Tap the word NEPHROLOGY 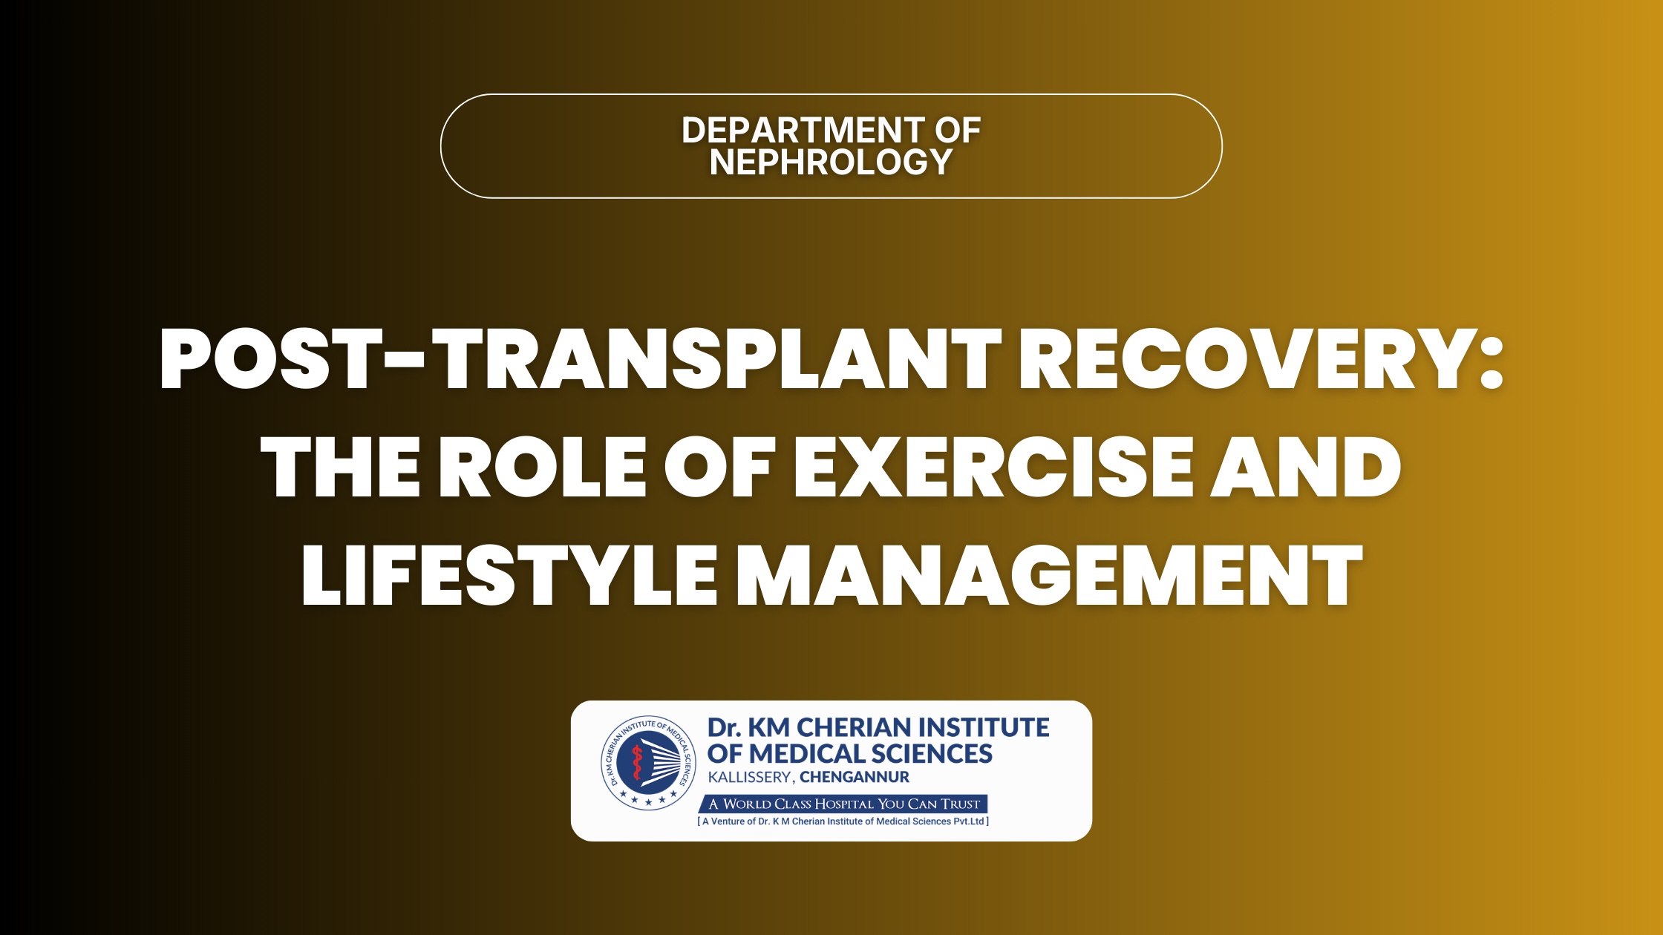[x=831, y=162]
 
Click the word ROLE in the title [x=543, y=467]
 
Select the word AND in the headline [x=1306, y=467]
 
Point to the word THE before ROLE [x=341, y=467]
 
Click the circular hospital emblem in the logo [x=649, y=763]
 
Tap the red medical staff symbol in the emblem [x=636, y=763]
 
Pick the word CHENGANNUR [x=855, y=777]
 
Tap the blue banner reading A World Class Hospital [x=843, y=804]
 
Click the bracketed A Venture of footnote [x=843, y=821]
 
